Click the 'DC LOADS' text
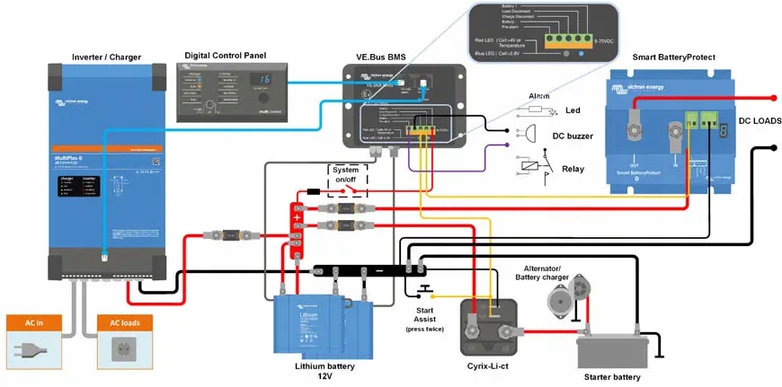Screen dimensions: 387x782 [758, 119]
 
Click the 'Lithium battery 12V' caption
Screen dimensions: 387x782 [324, 372]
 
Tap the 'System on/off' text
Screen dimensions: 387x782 [349, 173]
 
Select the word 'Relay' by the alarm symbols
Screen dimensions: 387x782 [573, 169]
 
